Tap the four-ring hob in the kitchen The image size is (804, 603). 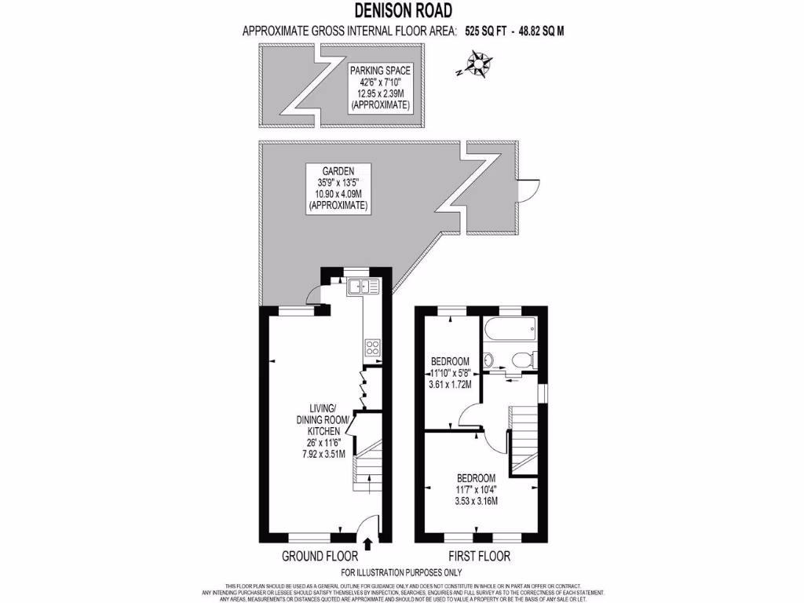372,349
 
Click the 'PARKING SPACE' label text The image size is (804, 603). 380,70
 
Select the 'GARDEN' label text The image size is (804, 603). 338,170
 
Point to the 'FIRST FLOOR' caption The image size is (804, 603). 478,557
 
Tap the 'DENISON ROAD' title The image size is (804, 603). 402,10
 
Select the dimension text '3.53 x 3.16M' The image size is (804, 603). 477,502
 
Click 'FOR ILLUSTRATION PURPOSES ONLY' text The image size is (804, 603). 401,572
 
